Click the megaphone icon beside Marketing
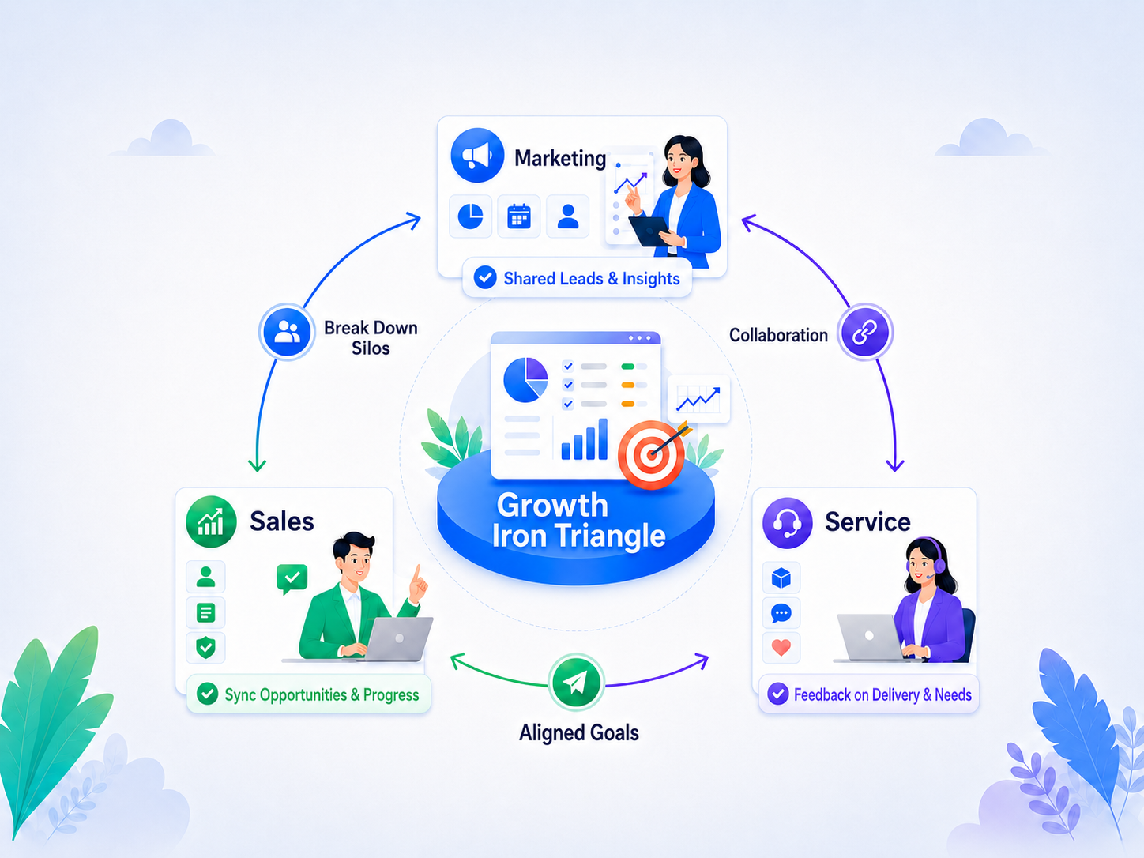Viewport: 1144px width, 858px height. tap(477, 155)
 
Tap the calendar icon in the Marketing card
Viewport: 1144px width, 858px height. tap(519, 216)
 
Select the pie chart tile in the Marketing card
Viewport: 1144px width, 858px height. tap(470, 216)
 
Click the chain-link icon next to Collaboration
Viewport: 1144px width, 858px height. tap(864, 333)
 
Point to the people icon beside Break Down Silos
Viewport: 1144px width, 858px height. tap(287, 331)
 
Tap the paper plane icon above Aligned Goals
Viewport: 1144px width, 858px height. tap(575, 682)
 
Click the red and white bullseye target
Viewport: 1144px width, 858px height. tap(652, 454)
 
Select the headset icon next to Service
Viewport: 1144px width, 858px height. tap(787, 522)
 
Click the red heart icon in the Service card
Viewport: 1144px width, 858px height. tap(781, 648)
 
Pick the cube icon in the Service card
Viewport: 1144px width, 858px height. tap(781, 578)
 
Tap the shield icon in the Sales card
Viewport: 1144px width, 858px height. tap(206, 648)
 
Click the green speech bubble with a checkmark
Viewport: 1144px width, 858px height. tap(292, 578)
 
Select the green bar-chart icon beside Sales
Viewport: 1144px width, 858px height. tap(211, 521)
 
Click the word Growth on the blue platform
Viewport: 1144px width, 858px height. tap(552, 505)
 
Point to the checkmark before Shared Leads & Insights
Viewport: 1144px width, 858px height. tap(485, 277)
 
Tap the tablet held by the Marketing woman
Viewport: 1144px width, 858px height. tap(649, 231)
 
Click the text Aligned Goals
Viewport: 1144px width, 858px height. tap(578, 733)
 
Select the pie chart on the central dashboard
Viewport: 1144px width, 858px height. tap(525, 380)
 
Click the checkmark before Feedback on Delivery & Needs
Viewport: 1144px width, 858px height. tap(777, 694)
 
